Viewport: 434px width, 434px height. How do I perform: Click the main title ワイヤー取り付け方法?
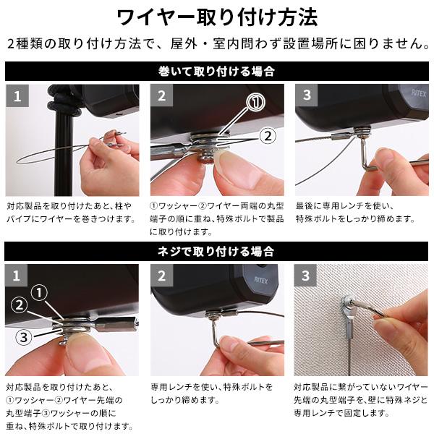coord(216,17)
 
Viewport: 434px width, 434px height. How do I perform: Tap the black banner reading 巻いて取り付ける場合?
coord(216,72)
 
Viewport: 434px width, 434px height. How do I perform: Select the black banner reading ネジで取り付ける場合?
coord(216,252)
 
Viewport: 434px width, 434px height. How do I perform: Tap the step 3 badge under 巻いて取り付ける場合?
coord(307,95)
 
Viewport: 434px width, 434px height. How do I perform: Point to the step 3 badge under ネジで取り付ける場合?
coord(307,276)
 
